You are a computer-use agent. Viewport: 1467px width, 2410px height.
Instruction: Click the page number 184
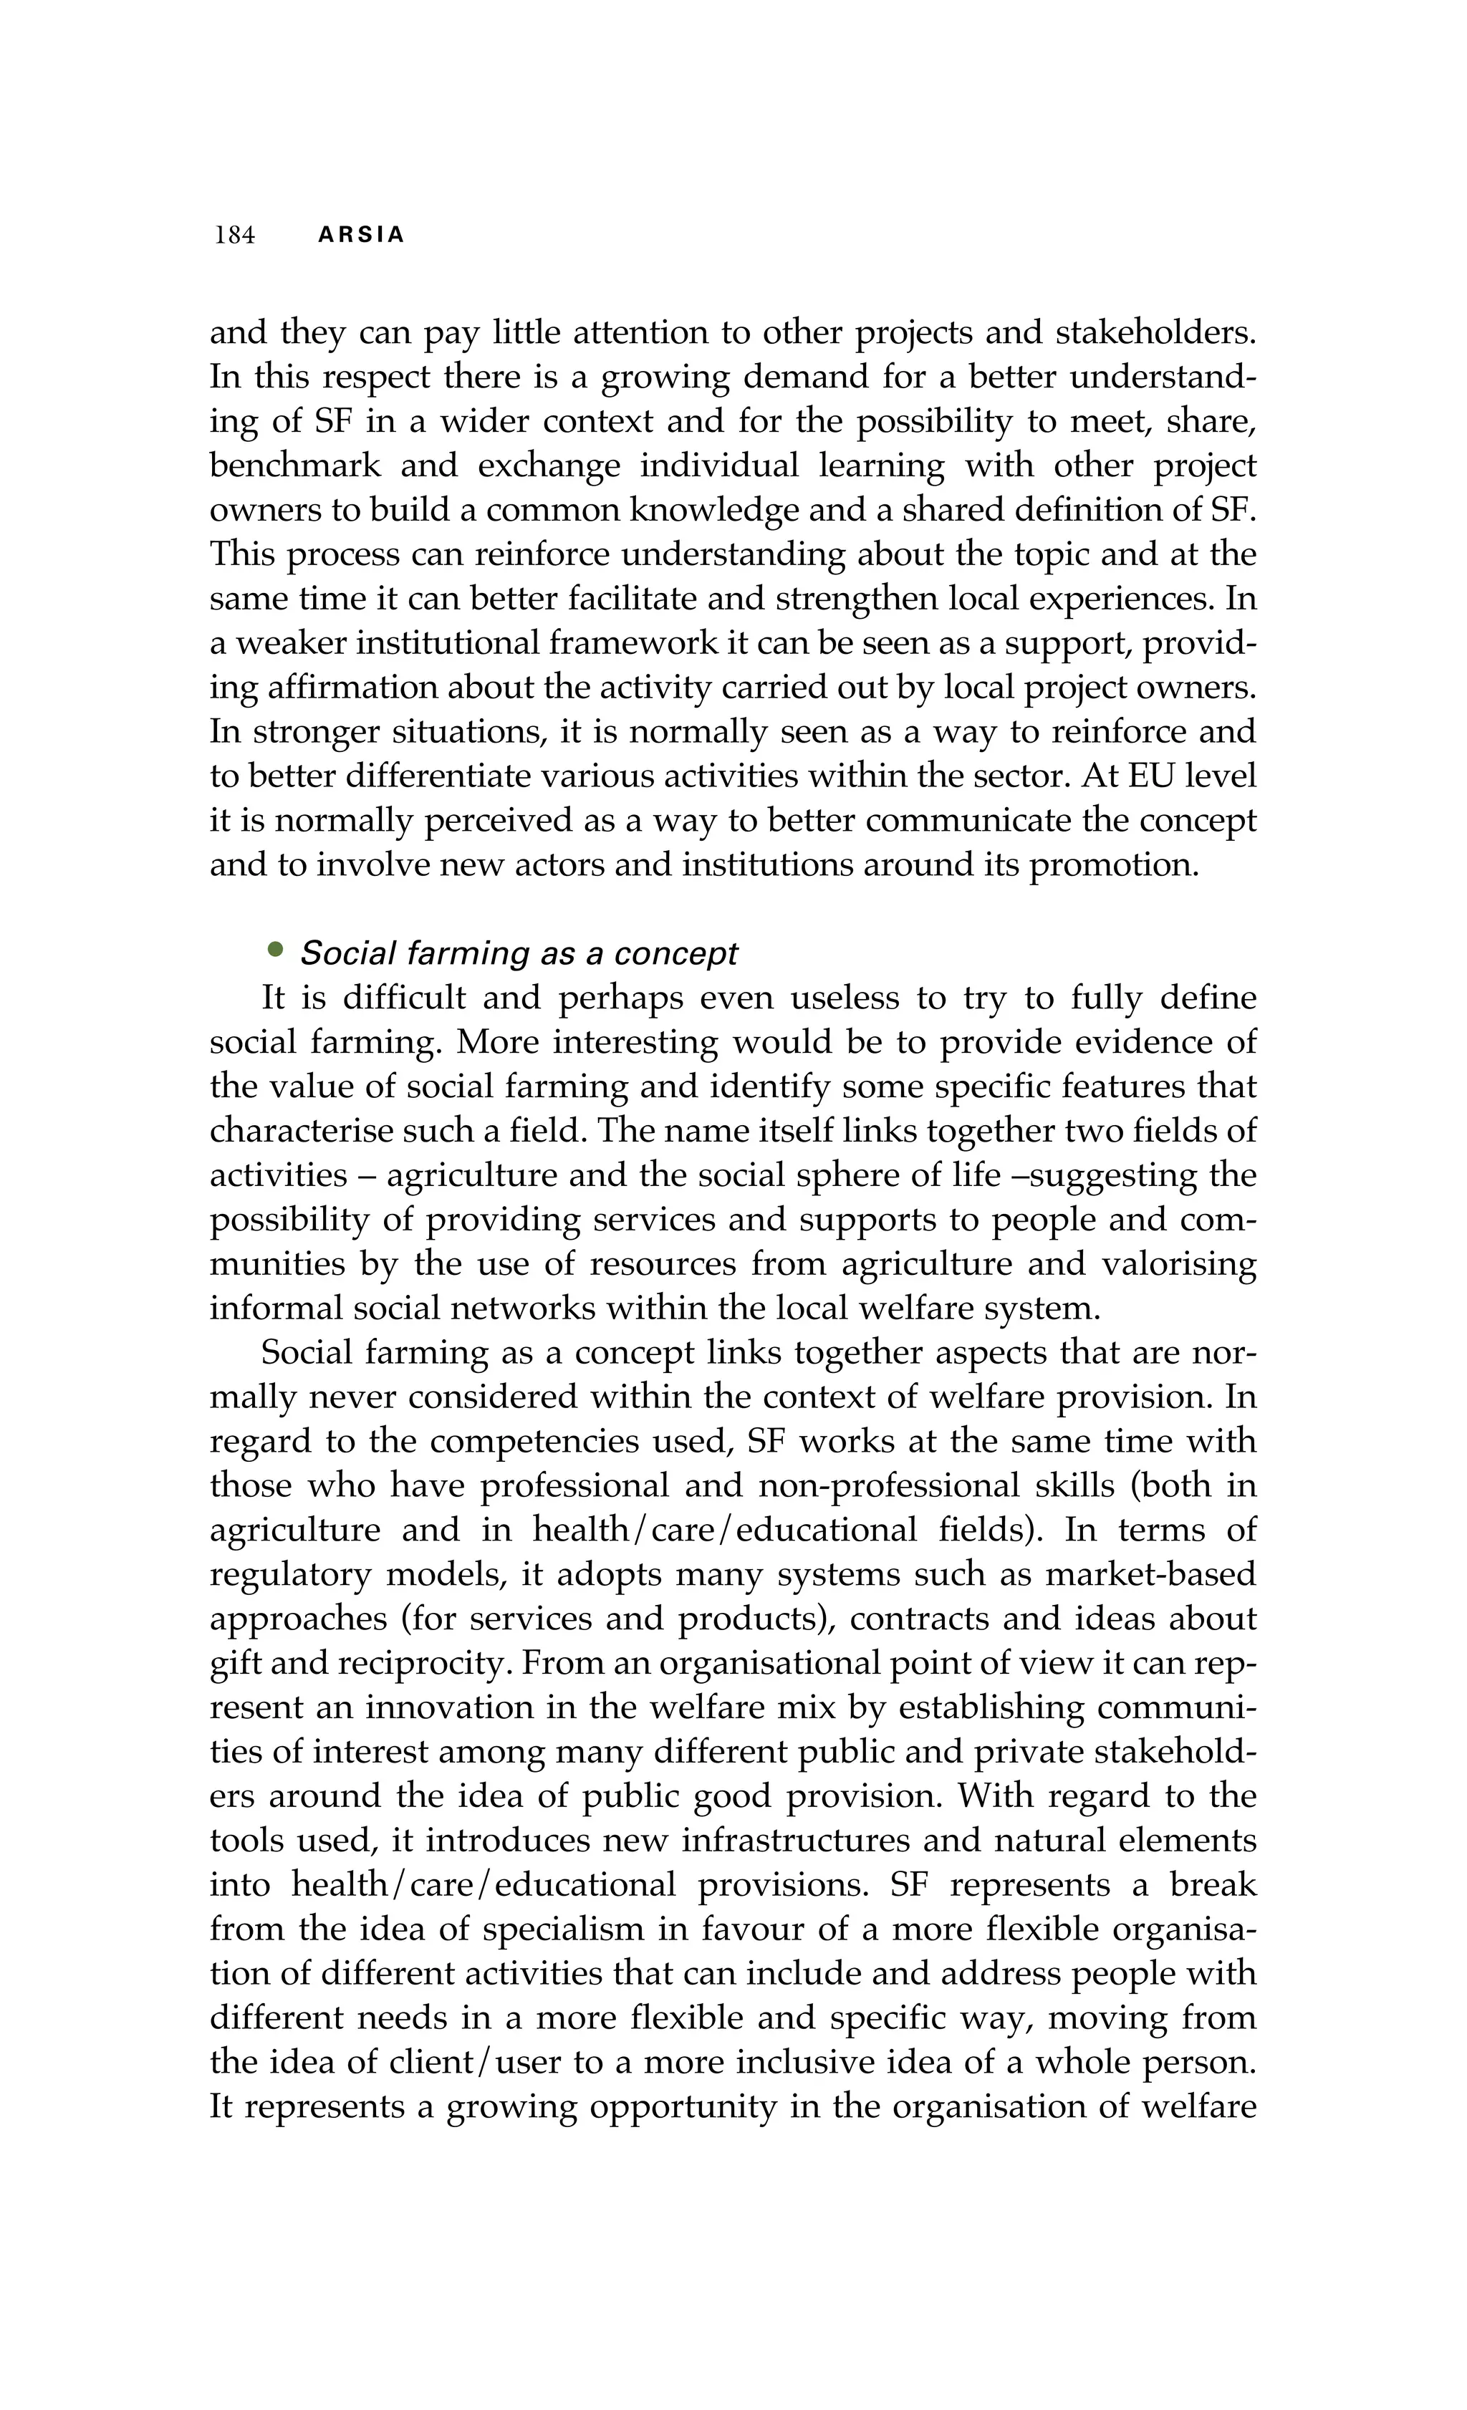click(235, 236)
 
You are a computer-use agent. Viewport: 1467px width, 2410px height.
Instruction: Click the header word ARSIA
click(361, 236)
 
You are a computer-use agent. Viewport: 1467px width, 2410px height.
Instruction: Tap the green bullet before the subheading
click(275, 949)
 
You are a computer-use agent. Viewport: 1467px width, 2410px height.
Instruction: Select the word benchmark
click(294, 466)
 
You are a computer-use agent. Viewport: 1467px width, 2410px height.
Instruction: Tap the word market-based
click(1150, 1573)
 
